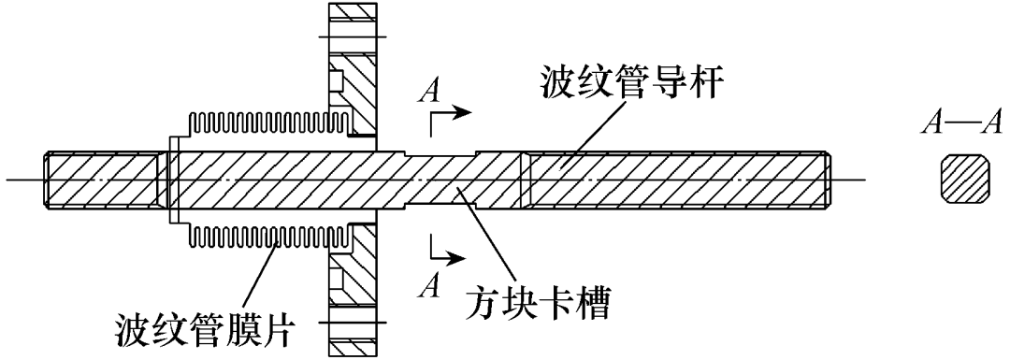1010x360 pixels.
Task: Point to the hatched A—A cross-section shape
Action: [964, 179]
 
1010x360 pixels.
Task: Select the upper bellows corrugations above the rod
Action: [269, 123]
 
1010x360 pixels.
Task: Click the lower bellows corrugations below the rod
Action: [269, 235]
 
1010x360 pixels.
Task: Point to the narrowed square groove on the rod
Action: [440, 179]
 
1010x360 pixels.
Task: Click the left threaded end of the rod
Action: [103, 179]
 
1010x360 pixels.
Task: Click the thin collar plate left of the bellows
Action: [173, 180]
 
